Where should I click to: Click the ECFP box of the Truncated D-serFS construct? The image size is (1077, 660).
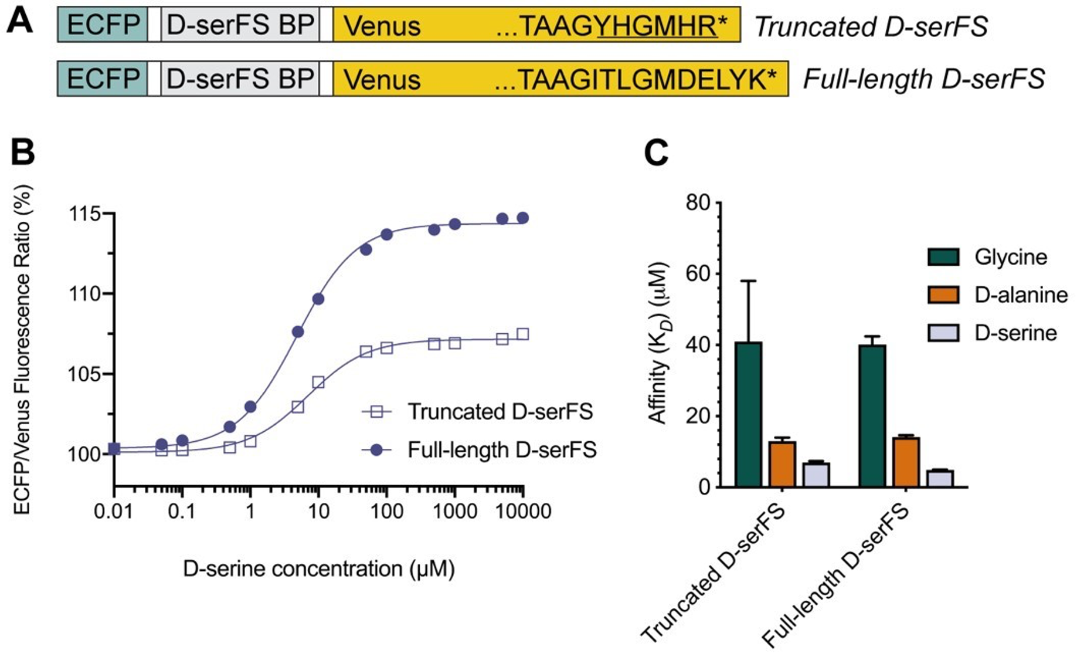[x=103, y=25]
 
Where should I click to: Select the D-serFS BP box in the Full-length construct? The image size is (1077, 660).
[x=240, y=79]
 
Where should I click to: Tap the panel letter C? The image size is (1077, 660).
[x=655, y=153]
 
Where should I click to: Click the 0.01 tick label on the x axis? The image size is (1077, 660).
[x=113, y=512]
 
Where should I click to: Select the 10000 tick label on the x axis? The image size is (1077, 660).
[x=522, y=512]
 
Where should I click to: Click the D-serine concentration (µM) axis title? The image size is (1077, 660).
[x=318, y=568]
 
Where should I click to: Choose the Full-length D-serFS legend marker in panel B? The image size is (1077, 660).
[x=377, y=450]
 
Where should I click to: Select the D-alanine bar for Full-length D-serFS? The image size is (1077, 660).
[x=905, y=462]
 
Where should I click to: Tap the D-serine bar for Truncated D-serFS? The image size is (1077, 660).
[x=816, y=475]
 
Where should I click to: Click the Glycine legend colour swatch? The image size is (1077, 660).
[x=943, y=257]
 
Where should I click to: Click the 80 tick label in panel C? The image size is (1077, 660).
[x=697, y=203]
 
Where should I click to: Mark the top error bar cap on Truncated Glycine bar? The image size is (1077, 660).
[x=748, y=281]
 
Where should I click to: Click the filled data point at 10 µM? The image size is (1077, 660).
[x=318, y=299]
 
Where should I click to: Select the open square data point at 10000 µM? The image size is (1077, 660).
[x=523, y=334]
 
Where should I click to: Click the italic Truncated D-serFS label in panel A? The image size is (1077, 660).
[x=871, y=27]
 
